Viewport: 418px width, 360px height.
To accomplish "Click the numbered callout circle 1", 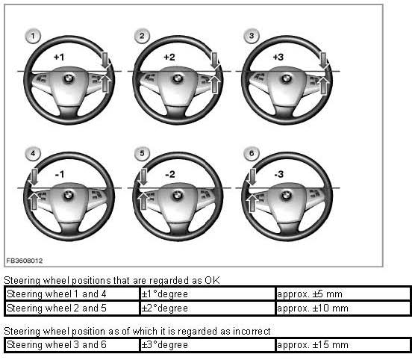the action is pyautogui.click(x=33, y=36).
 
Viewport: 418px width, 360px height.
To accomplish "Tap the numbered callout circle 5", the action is pyautogui.click(x=142, y=153).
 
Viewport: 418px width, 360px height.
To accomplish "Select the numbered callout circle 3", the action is pyautogui.click(x=251, y=36).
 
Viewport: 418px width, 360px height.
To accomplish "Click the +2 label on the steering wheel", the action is pyautogui.click(x=169, y=57).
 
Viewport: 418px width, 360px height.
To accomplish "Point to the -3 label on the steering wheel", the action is pyautogui.click(x=279, y=175).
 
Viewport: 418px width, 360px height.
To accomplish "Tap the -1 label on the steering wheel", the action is pyautogui.click(x=60, y=175).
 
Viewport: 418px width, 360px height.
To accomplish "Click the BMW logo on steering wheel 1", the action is pyautogui.click(x=69, y=78).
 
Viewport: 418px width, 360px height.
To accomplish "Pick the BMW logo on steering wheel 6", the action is pyautogui.click(x=286, y=196).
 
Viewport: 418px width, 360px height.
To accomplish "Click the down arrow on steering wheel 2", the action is pyautogui.click(x=214, y=60).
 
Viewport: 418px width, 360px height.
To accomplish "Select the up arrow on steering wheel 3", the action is pyautogui.click(x=323, y=85).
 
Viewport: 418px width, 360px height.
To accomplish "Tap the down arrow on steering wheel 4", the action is pyautogui.click(x=34, y=177).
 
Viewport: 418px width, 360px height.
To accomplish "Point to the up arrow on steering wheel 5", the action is pyautogui.click(x=143, y=201).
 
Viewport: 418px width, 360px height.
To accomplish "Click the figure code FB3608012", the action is pyautogui.click(x=25, y=261).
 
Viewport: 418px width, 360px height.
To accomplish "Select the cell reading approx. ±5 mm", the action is pyautogui.click(x=343, y=294).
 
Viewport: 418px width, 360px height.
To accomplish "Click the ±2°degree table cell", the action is pyautogui.click(x=208, y=308).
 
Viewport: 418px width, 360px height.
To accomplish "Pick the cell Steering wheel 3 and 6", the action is pyautogui.click(x=72, y=345).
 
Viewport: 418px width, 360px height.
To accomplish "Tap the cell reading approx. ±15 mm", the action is pyautogui.click(x=343, y=345).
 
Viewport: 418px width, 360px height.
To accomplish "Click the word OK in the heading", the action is pyautogui.click(x=212, y=280).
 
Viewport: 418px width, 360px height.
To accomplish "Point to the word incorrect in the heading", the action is pyautogui.click(x=252, y=331).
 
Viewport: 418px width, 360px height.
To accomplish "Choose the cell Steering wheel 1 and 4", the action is pyautogui.click(x=72, y=294).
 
